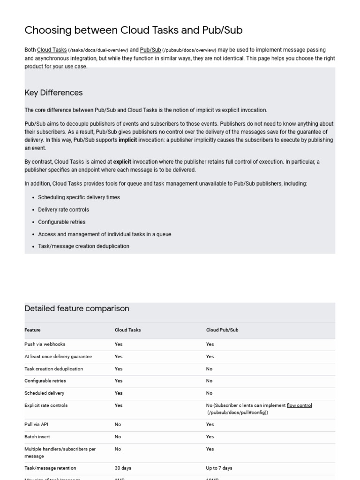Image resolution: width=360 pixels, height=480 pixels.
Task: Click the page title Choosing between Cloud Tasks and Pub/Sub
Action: click(x=133, y=30)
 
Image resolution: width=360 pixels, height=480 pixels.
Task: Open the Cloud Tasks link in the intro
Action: click(x=52, y=50)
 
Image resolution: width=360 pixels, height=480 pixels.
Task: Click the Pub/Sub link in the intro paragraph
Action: click(x=150, y=50)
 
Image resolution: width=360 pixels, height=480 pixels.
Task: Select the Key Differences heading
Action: click(x=53, y=92)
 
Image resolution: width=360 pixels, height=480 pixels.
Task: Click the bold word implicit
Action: click(x=128, y=140)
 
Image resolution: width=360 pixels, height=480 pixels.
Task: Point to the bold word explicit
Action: click(x=122, y=162)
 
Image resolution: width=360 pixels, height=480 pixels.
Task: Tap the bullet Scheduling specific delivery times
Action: click(x=79, y=197)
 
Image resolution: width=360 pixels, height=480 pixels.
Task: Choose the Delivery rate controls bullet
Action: click(x=63, y=210)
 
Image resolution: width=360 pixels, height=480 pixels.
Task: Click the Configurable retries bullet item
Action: click(x=62, y=222)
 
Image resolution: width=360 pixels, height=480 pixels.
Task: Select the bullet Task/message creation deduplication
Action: click(x=83, y=246)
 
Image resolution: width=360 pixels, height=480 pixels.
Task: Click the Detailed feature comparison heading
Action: click(x=77, y=308)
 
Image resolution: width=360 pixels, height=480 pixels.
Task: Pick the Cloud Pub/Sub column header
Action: click(x=222, y=330)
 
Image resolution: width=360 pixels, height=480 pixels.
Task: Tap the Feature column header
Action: click(x=32, y=330)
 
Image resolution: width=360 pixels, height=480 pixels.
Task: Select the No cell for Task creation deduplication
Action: click(x=209, y=369)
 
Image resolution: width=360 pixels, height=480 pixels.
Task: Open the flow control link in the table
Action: click(x=299, y=405)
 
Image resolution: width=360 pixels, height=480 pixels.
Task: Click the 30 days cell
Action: click(x=122, y=468)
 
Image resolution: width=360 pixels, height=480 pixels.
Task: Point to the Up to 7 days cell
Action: click(x=219, y=468)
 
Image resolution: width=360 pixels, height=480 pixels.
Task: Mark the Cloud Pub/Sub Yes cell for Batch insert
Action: click(x=210, y=436)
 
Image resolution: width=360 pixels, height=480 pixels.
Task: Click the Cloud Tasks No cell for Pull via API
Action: click(x=118, y=424)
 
